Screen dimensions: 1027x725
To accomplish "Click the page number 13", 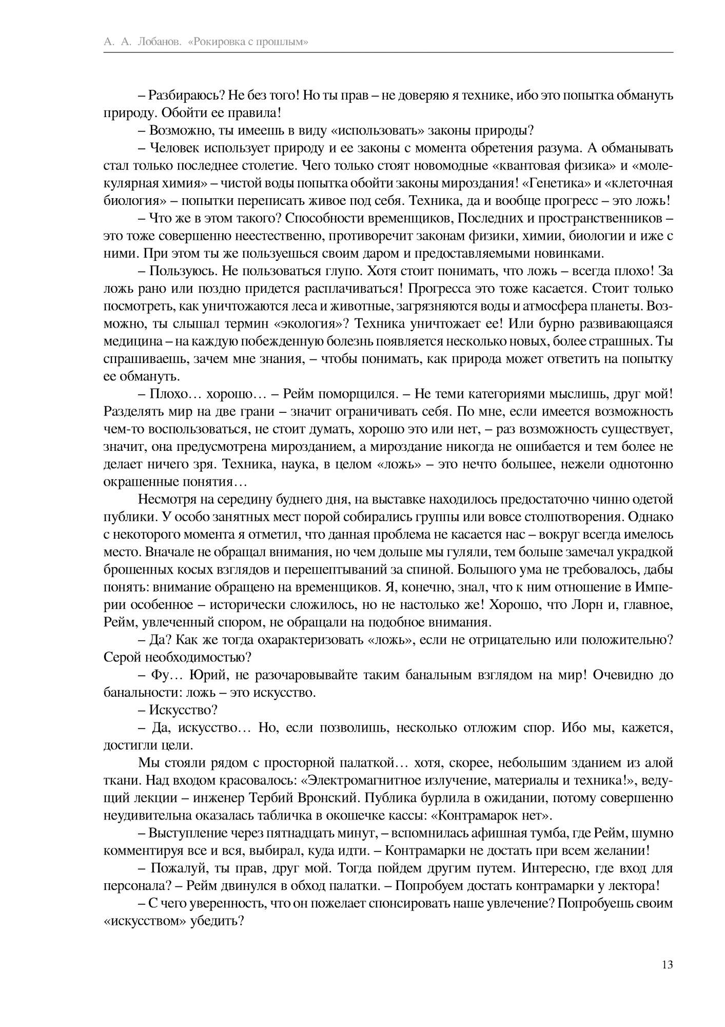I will pyautogui.click(x=667, y=964).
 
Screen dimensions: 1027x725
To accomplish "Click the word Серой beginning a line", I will pyautogui.click(x=123, y=657).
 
